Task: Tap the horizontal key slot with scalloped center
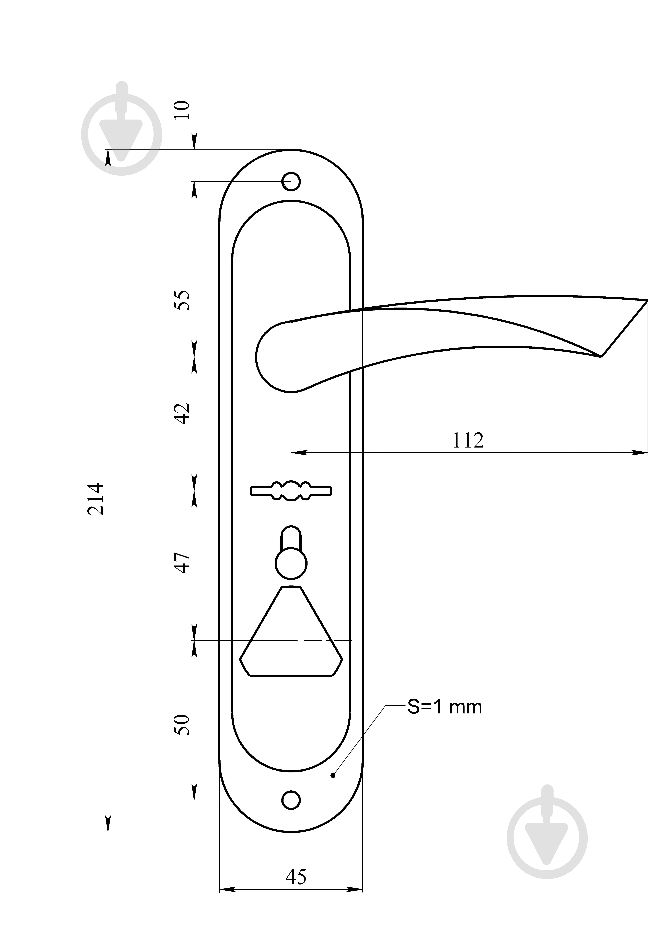click(291, 490)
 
